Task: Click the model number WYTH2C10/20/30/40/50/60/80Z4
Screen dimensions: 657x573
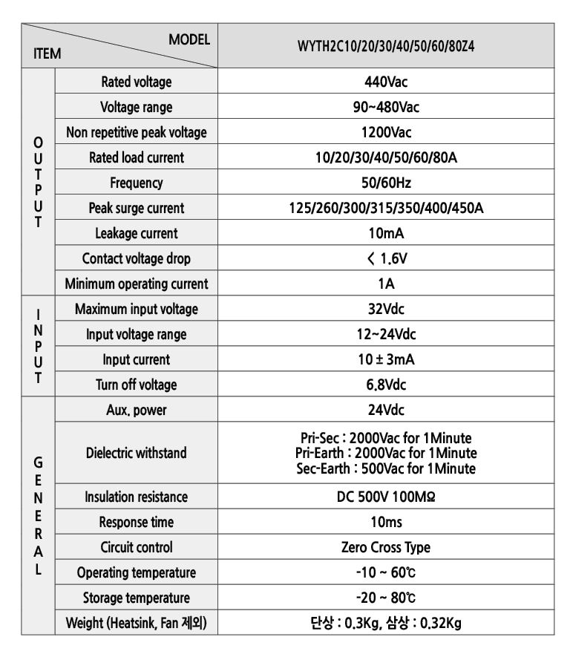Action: coord(386,45)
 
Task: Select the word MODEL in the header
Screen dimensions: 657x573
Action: coord(190,38)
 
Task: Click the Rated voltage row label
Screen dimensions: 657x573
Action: coord(136,82)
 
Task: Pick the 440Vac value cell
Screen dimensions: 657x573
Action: coord(386,82)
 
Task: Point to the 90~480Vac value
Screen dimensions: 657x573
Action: coord(386,107)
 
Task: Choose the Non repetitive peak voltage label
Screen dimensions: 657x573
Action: coord(136,132)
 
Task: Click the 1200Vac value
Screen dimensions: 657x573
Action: coord(386,132)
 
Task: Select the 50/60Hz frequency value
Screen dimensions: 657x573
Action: coord(386,183)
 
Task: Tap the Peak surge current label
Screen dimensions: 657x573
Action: coord(136,208)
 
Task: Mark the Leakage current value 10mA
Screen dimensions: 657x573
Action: coord(386,233)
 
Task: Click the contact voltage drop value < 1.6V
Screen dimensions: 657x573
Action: coord(386,258)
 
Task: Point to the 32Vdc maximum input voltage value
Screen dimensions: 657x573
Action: coord(386,309)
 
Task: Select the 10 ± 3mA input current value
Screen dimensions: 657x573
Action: coord(386,359)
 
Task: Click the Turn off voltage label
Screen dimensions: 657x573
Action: coord(136,385)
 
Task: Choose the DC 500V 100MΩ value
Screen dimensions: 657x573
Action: coord(386,497)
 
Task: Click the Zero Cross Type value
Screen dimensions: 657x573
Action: coord(386,547)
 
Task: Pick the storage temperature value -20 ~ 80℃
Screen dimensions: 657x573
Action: coord(386,598)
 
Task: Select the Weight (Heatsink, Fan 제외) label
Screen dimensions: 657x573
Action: coord(136,623)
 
